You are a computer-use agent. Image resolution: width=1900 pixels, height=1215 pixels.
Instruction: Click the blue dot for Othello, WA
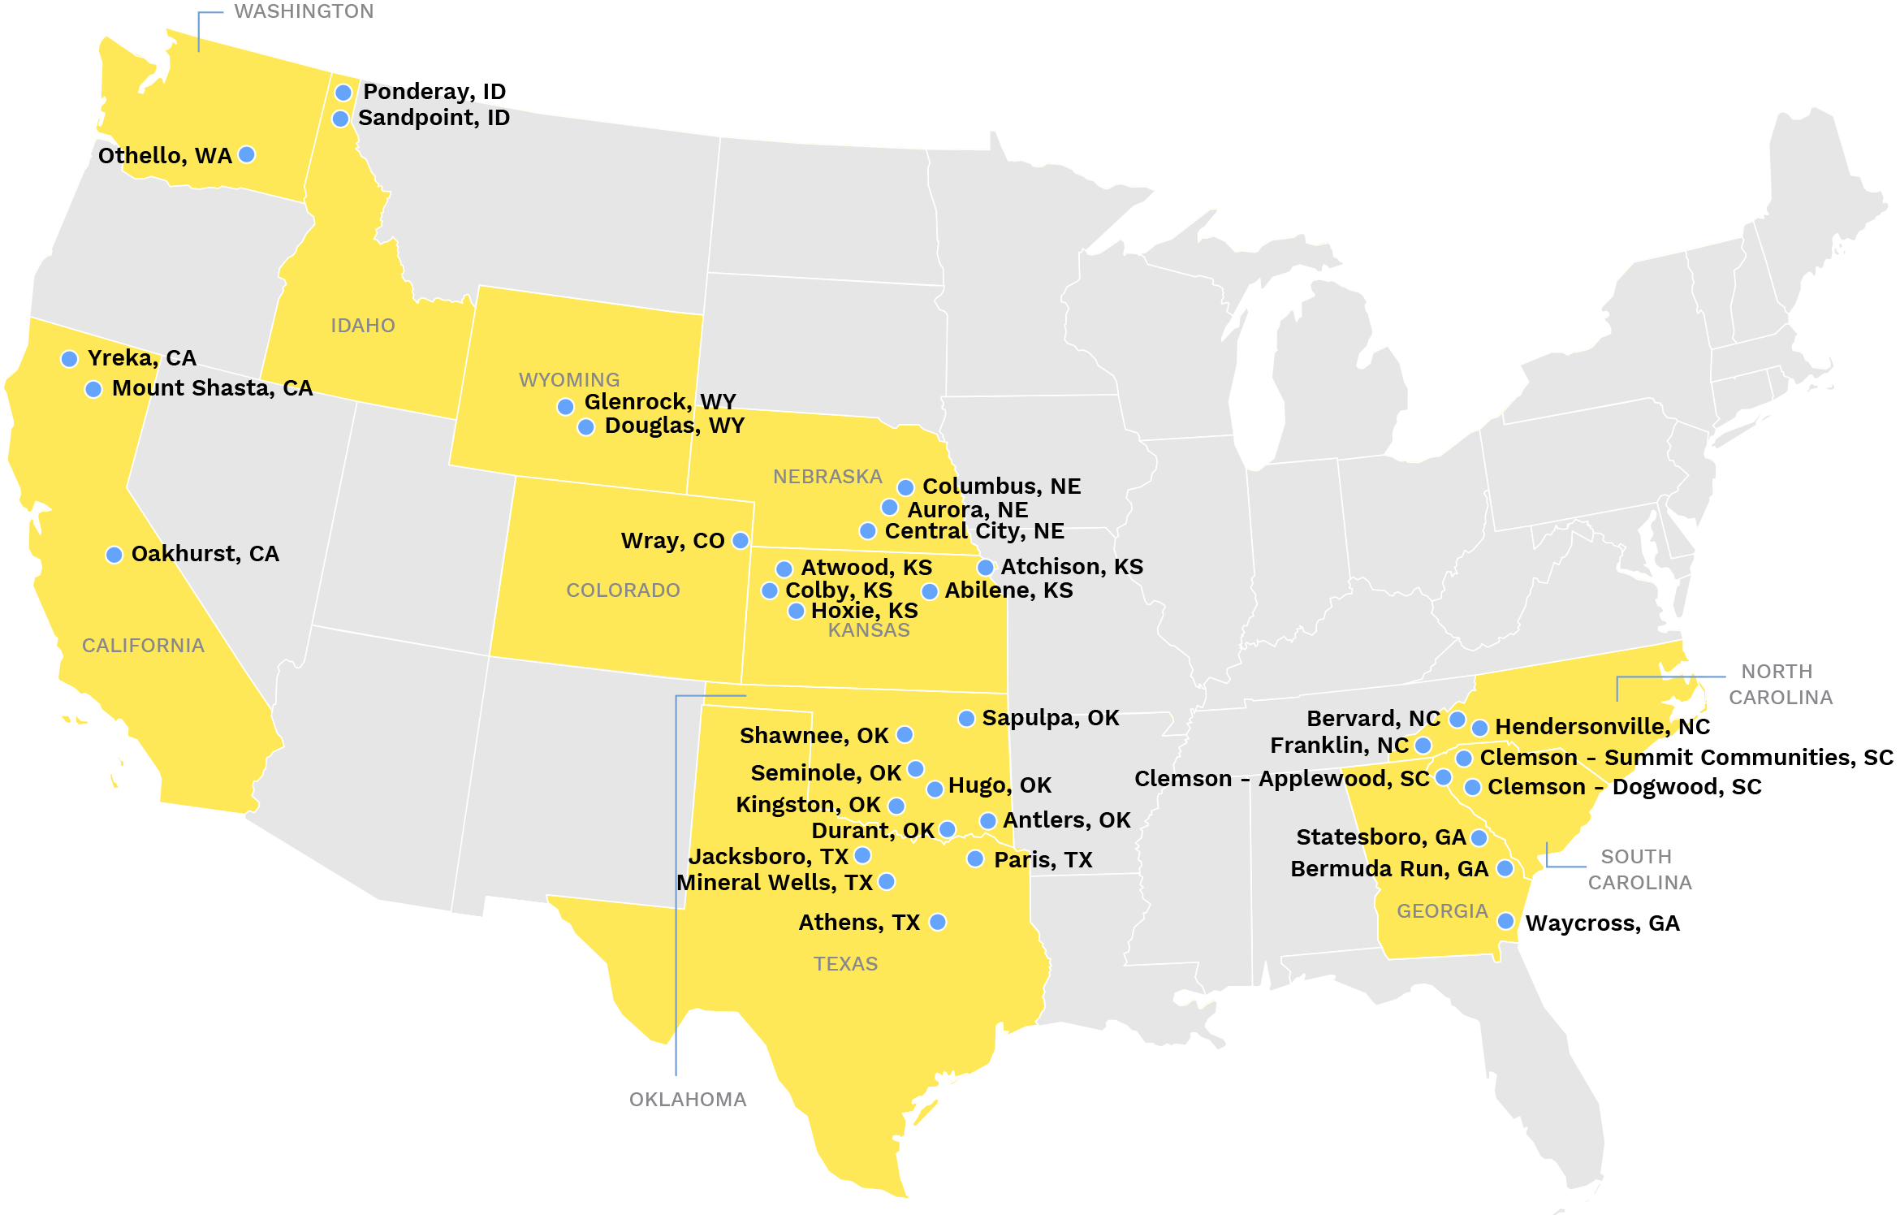click(x=247, y=154)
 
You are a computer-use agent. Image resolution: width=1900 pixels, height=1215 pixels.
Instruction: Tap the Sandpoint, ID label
click(x=434, y=118)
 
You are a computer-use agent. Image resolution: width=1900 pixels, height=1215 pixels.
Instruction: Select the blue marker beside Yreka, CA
click(x=70, y=359)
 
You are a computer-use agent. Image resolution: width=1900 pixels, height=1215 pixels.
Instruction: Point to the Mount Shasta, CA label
click(x=212, y=388)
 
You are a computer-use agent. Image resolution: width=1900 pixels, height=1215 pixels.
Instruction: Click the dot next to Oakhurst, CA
click(x=114, y=555)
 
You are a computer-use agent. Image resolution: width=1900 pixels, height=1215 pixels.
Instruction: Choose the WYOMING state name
click(x=569, y=379)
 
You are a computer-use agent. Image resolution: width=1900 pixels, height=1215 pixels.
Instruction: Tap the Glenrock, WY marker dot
click(x=566, y=406)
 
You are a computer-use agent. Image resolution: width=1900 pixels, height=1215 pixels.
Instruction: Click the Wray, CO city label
click(x=672, y=541)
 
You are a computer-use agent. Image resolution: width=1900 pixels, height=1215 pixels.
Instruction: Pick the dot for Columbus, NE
click(x=905, y=487)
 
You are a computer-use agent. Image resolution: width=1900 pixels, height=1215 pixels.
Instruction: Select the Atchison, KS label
click(x=1072, y=566)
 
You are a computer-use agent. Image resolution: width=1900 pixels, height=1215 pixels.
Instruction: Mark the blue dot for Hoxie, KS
click(x=797, y=611)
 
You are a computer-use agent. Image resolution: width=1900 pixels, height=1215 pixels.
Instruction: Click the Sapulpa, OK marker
click(x=966, y=719)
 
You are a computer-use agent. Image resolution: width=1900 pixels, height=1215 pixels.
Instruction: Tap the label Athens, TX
click(x=859, y=923)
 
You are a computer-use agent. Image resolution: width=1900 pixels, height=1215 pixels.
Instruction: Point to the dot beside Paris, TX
click(x=975, y=858)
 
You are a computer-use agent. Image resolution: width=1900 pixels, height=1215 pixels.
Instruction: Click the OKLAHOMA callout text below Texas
click(x=688, y=1099)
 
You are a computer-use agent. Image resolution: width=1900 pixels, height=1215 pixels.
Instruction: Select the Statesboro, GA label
click(x=1380, y=837)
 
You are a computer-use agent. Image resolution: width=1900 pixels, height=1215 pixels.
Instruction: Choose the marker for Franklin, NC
click(x=1423, y=745)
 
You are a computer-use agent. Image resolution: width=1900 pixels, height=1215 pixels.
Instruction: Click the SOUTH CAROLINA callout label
click(x=1639, y=869)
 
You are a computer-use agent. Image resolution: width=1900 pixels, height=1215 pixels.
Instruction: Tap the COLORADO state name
click(x=623, y=590)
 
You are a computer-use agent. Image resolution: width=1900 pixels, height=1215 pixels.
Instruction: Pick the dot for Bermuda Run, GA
click(x=1505, y=868)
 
